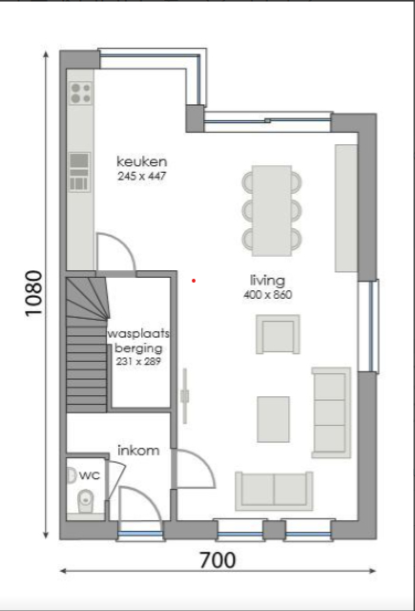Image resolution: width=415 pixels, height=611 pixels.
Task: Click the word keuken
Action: click(142, 161)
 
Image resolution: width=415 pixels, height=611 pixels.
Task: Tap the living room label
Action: click(267, 281)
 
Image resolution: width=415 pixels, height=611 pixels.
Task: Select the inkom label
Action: click(137, 450)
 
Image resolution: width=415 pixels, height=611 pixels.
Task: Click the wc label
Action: click(90, 474)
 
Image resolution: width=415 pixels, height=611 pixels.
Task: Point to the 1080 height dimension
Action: click(34, 296)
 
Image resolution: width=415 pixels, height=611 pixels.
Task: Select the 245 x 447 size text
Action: click(142, 177)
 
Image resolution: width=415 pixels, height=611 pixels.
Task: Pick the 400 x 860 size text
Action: click(267, 296)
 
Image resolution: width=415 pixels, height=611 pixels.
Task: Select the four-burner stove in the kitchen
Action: click(81, 93)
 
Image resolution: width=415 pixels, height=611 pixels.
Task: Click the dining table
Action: click(272, 208)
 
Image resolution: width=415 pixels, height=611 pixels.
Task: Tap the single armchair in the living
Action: click(277, 335)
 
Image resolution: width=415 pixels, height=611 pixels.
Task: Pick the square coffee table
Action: click(273, 419)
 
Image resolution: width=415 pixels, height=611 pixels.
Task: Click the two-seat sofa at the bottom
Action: click(274, 490)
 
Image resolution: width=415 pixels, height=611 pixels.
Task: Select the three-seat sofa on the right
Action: click(331, 411)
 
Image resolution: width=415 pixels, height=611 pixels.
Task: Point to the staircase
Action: click(85, 344)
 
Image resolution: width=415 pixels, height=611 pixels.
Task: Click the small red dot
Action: click(194, 281)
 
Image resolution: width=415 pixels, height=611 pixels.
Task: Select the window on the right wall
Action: click(367, 326)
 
